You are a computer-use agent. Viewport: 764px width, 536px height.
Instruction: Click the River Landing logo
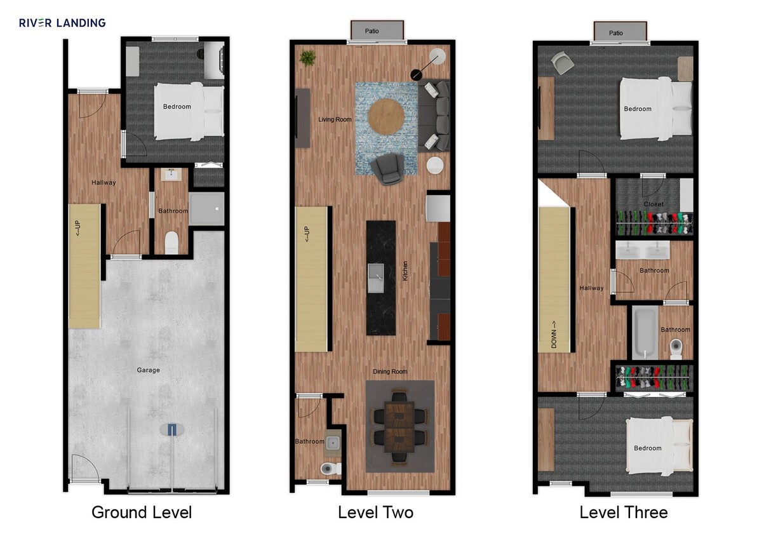(x=62, y=23)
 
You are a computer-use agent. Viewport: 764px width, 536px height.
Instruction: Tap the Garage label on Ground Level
(x=149, y=370)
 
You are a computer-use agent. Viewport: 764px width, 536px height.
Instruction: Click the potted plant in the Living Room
(x=308, y=58)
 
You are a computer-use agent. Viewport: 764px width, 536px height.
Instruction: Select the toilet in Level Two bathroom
(x=329, y=469)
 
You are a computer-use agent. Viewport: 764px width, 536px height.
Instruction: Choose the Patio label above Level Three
(x=615, y=33)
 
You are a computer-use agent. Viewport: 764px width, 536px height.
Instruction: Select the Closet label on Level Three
(x=653, y=204)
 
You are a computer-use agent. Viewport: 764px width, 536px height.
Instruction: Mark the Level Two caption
(x=375, y=513)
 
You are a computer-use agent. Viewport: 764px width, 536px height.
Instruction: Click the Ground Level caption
(x=142, y=513)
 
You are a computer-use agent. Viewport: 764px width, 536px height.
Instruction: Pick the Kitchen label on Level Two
(x=405, y=272)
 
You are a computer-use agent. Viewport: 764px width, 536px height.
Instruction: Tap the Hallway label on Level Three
(x=591, y=288)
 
